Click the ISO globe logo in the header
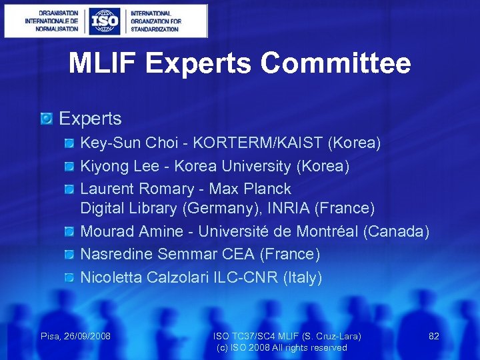pyautogui.click(x=105, y=21)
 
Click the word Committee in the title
pyautogui.click(x=335, y=64)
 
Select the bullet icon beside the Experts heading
pyautogui.click(x=46, y=119)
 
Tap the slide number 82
pyautogui.click(x=434, y=336)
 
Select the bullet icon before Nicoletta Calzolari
pyautogui.click(x=70, y=277)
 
